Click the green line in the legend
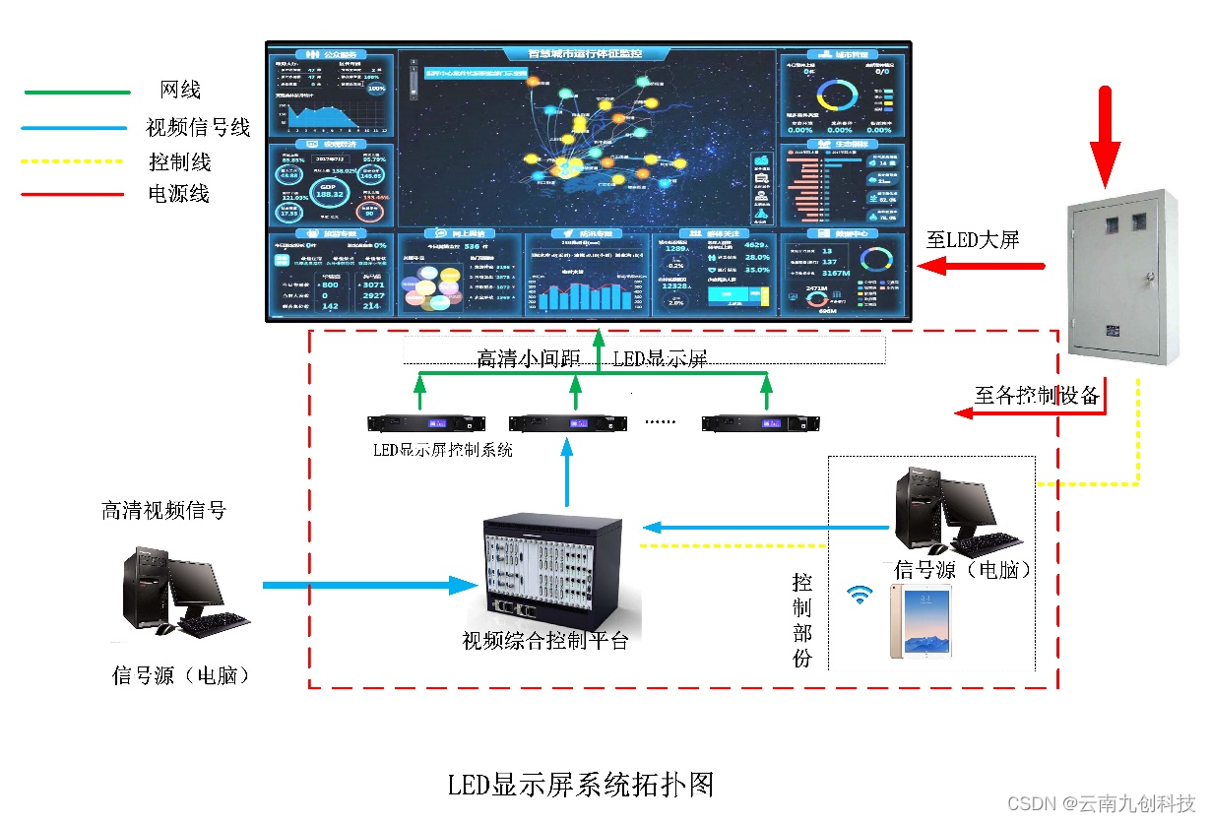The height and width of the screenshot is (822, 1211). (76, 93)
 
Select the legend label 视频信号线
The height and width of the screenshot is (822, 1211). (198, 127)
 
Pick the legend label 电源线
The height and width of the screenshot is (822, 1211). (179, 194)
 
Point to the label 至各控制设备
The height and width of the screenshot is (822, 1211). (1036, 396)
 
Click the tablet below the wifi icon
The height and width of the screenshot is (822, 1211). (921, 621)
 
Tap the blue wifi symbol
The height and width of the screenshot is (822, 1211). (860, 594)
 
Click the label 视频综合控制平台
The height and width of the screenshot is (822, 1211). (544, 641)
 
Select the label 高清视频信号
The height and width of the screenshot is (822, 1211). (163, 510)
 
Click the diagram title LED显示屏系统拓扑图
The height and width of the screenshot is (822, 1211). (580, 785)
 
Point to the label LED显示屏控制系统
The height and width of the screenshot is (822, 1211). (442, 450)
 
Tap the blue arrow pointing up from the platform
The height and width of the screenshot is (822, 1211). (567, 474)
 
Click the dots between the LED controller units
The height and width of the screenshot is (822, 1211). (660, 422)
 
